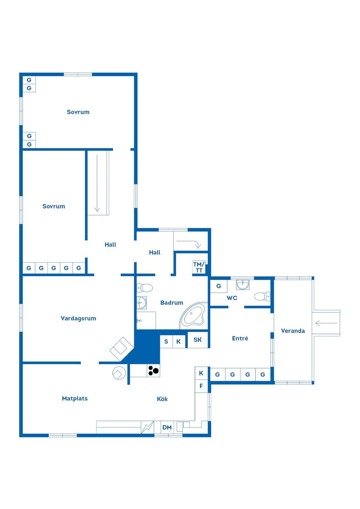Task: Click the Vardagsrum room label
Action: click(x=78, y=318)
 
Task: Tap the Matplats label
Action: click(x=75, y=398)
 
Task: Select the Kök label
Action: click(x=162, y=399)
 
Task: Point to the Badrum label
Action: click(x=172, y=303)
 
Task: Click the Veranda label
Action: click(x=293, y=331)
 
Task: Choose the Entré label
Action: click(x=240, y=338)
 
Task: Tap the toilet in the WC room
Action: click(x=262, y=296)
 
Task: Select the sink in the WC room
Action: click(x=243, y=285)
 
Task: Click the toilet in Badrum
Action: click(x=145, y=288)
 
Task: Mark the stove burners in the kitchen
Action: click(x=153, y=371)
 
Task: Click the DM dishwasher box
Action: click(x=167, y=427)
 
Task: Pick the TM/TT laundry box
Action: click(x=199, y=267)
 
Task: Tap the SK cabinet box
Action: click(x=198, y=340)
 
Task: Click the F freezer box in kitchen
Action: click(x=201, y=386)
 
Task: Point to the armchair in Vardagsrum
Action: click(x=121, y=349)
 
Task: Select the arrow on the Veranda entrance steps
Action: click(x=326, y=323)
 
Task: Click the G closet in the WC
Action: click(x=219, y=286)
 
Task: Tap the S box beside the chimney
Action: click(x=166, y=341)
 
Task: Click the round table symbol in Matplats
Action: click(x=119, y=373)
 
